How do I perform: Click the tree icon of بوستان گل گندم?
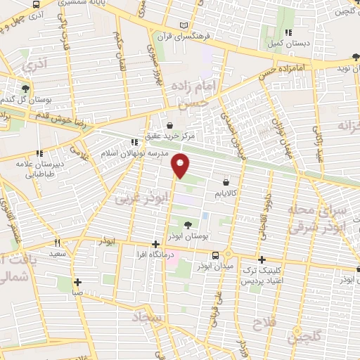pos(26,89)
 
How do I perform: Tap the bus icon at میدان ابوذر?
pos(216,255)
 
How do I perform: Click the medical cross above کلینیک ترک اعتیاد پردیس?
pos(262,259)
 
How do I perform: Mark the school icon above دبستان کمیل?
pos(288,32)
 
